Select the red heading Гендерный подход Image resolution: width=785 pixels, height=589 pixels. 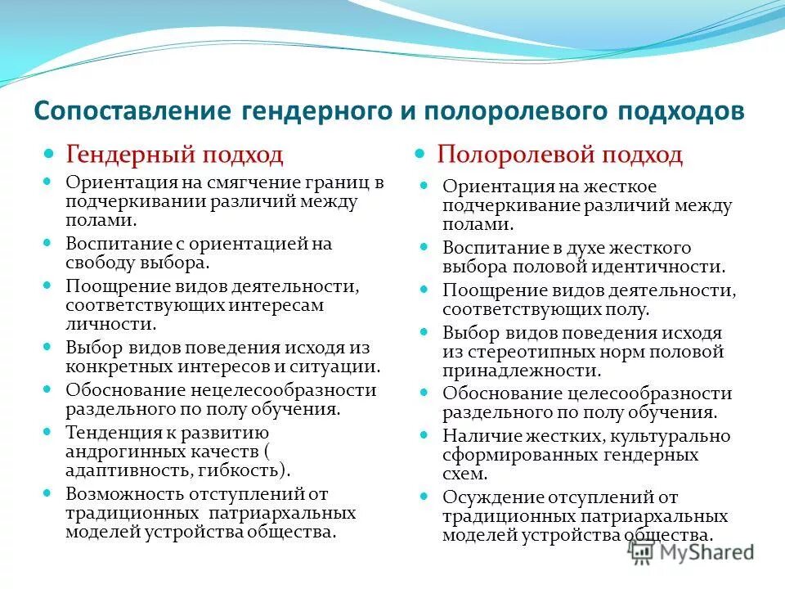click(x=174, y=153)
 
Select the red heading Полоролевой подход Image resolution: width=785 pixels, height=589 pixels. click(x=559, y=154)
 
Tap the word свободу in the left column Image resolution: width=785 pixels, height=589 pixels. click(x=96, y=263)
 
